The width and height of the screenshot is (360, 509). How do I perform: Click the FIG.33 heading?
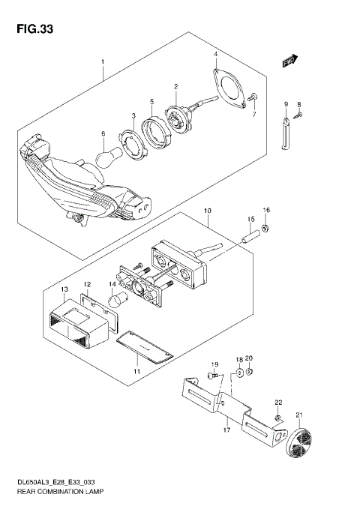pos(31,30)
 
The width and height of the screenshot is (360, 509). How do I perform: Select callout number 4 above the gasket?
pos(215,54)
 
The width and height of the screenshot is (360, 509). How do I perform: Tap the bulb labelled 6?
pos(109,155)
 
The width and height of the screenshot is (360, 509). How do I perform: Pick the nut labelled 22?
pos(278,418)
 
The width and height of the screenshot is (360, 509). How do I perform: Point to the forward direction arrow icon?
pos(290,61)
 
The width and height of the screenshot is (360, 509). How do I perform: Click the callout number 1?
pos(103,62)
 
